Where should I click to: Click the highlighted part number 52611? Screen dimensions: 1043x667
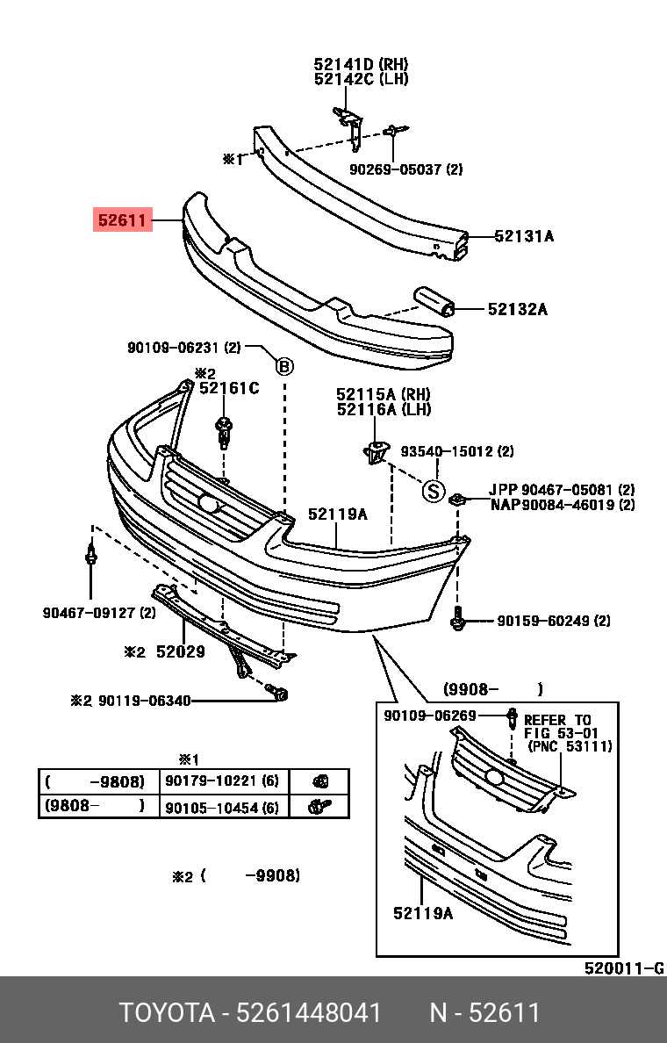[x=123, y=219]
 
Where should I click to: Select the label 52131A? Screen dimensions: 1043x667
[x=524, y=236]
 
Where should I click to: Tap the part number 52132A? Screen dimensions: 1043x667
[x=518, y=309]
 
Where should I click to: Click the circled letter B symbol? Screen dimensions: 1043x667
[x=284, y=367]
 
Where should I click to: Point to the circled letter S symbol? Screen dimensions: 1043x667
[x=433, y=492]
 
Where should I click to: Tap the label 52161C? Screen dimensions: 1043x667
[x=229, y=388]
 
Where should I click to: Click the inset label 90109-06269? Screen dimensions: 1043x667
[x=430, y=716]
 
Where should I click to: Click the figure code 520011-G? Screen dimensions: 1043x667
[x=624, y=968]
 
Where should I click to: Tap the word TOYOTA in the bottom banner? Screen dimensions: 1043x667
[x=167, y=1013]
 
